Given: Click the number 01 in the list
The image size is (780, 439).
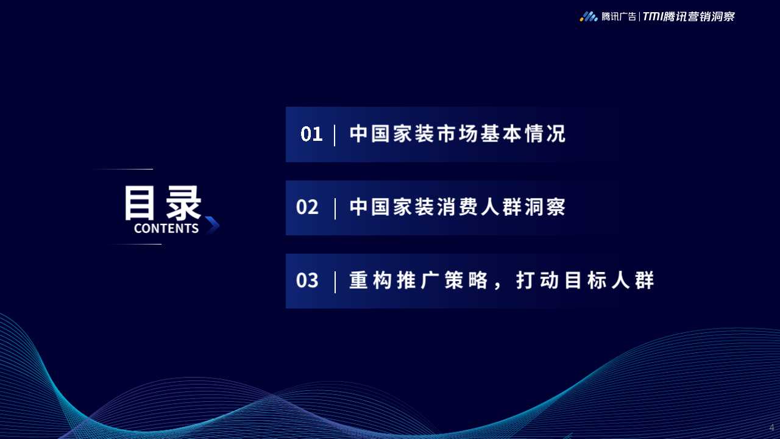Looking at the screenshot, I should (x=311, y=134).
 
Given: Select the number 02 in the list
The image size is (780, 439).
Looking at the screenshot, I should (x=307, y=207).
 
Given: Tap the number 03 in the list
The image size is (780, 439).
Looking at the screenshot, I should (x=307, y=280).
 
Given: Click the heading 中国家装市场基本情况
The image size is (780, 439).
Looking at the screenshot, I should (x=458, y=134).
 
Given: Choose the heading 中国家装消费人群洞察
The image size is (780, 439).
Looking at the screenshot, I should (x=458, y=207).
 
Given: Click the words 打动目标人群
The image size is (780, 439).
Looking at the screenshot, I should (x=585, y=280).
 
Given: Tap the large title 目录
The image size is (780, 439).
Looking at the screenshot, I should (x=163, y=203).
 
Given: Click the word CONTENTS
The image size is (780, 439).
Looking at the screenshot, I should (x=166, y=229).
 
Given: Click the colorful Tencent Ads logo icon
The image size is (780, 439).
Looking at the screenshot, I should (x=588, y=16).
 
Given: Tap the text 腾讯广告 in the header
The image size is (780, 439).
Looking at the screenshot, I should (x=619, y=17).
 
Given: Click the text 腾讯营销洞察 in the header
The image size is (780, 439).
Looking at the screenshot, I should (x=700, y=17).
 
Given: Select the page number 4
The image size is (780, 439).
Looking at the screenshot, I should (x=771, y=427).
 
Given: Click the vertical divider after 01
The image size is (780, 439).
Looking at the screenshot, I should (x=335, y=135).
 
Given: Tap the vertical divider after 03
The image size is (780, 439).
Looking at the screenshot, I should (x=335, y=282).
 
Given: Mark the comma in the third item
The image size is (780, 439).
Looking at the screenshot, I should (x=499, y=287).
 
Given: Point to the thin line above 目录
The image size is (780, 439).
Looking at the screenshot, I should (x=125, y=169).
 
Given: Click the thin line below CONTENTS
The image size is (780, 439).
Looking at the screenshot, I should (x=137, y=244).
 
